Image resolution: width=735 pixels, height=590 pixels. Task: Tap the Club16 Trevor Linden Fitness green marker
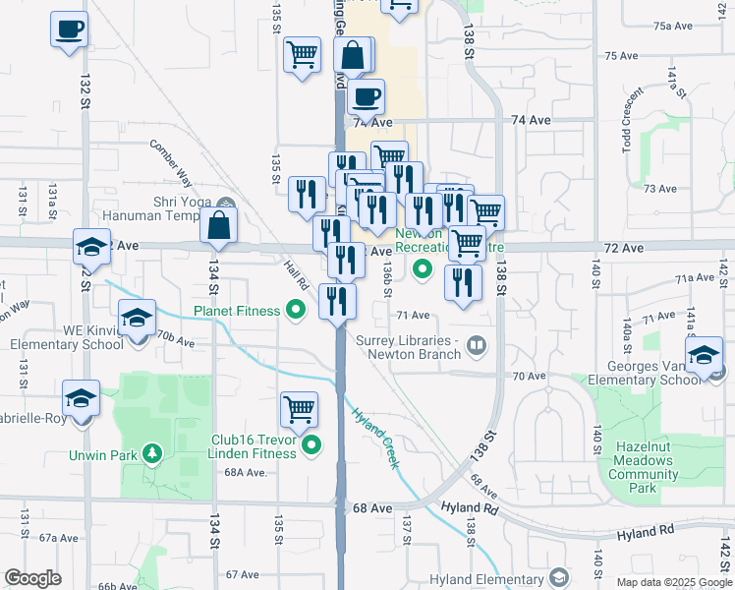312,446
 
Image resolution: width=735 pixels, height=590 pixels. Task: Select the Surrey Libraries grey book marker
477,344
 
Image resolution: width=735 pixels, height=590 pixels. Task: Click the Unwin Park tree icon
152,454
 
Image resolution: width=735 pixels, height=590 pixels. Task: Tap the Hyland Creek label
374,438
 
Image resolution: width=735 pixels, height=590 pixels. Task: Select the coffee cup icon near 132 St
69,29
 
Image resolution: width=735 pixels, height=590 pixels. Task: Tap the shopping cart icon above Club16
300,408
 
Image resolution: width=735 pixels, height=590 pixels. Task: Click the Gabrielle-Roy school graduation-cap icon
81,398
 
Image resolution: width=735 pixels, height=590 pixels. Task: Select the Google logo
33,578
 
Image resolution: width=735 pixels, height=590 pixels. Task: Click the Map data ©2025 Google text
673,582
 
